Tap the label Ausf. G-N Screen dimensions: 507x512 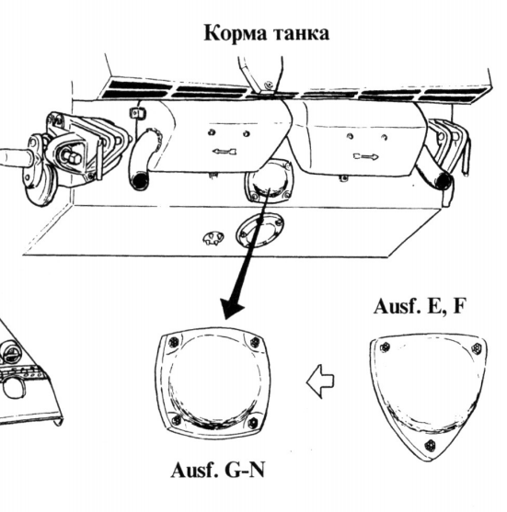[x=218, y=471]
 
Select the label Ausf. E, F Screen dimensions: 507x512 [x=419, y=307]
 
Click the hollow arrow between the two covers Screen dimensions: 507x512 [x=320, y=381]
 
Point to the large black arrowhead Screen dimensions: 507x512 [x=232, y=309]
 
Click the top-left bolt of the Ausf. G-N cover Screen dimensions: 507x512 [x=173, y=342]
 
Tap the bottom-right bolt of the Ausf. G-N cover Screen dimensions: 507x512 [x=253, y=423]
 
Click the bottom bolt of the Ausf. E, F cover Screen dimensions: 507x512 [x=431, y=446]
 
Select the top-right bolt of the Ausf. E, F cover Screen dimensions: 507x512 [x=477, y=348]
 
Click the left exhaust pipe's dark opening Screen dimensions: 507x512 [x=139, y=181]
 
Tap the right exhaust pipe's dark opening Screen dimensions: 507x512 [x=444, y=180]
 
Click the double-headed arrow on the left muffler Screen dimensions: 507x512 [x=225, y=152]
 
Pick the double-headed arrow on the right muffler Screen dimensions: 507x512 [x=366, y=156]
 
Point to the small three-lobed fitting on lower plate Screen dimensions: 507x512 [x=213, y=238]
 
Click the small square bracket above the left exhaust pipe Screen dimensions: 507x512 [x=138, y=113]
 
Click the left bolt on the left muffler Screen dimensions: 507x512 [x=211, y=132]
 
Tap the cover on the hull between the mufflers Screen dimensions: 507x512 [x=269, y=180]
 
